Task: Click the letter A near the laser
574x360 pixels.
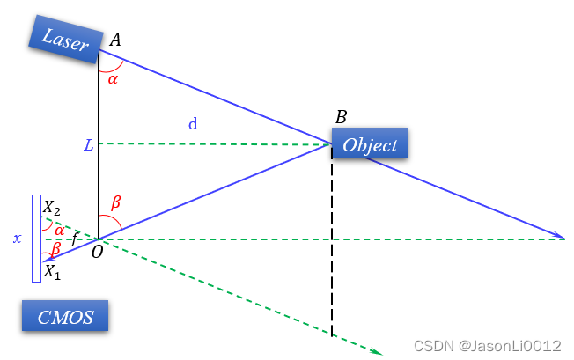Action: click(115, 40)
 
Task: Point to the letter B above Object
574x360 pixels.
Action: click(341, 117)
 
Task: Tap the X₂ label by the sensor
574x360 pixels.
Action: click(53, 209)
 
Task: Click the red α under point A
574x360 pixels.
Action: click(113, 78)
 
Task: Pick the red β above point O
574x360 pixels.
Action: click(114, 202)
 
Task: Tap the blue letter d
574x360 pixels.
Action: click(193, 124)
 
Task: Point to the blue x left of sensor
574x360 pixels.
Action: click(17, 238)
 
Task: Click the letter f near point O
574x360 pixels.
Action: click(75, 239)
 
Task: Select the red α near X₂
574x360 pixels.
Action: click(59, 230)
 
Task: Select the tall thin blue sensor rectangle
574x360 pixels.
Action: click(36, 239)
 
